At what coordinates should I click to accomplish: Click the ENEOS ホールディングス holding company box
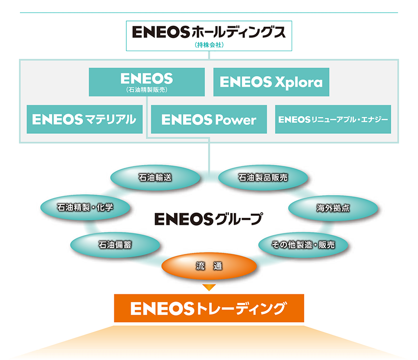click(x=209, y=36)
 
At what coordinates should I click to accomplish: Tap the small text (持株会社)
click(x=209, y=45)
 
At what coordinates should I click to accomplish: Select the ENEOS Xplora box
click(x=271, y=82)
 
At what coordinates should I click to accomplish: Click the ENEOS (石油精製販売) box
click(x=147, y=82)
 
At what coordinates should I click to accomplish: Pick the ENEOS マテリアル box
click(x=85, y=119)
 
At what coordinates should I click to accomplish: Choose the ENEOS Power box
click(x=209, y=119)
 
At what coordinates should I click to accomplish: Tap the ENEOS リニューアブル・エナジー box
click(x=333, y=119)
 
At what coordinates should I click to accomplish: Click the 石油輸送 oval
click(x=155, y=178)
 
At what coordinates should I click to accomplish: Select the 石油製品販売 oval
click(x=263, y=178)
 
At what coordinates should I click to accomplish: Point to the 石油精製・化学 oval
click(x=86, y=207)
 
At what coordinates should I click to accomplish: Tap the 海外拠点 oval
click(x=333, y=208)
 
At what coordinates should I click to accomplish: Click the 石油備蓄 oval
click(x=115, y=245)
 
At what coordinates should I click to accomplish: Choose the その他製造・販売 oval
click(x=303, y=245)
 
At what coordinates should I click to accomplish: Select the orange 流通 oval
click(x=209, y=266)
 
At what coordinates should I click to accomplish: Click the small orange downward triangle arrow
click(x=209, y=288)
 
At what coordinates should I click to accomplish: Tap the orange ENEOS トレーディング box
click(x=209, y=308)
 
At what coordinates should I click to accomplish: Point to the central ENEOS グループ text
click(x=209, y=219)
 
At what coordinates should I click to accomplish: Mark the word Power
click(x=236, y=120)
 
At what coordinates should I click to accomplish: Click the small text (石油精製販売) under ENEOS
click(x=147, y=90)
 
